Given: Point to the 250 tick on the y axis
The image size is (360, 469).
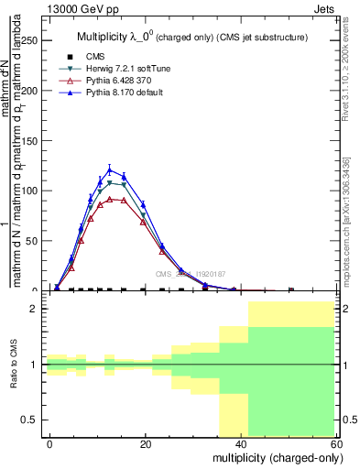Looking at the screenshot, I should pos(30,41).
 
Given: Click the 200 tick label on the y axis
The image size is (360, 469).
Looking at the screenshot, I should pos(30,91).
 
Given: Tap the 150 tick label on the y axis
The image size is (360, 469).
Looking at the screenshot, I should pos(30,141).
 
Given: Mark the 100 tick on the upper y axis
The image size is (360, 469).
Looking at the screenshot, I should pos(30,191).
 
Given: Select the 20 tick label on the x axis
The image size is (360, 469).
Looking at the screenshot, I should pos(145,443).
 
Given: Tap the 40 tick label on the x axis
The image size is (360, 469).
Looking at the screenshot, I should pos(241,443).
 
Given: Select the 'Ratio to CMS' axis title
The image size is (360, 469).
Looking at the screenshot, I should pos(14,365).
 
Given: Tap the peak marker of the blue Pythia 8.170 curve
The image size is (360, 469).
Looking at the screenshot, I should pos(110,169).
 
